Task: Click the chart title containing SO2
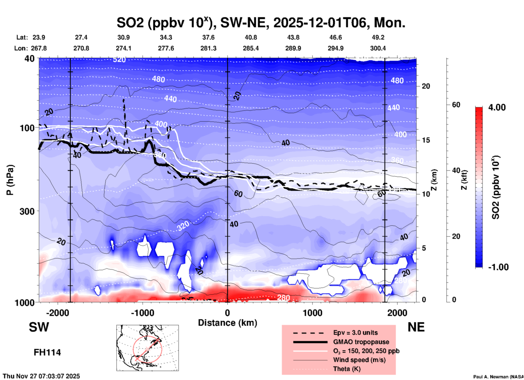click(261, 22)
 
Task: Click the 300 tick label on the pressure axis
click(27, 211)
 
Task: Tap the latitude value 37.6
click(208, 37)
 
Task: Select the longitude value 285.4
click(251, 48)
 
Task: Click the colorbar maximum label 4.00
click(497, 107)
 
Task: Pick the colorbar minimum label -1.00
click(498, 267)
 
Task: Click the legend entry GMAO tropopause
click(361, 342)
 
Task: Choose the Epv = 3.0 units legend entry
click(355, 333)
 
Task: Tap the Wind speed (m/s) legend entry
click(359, 360)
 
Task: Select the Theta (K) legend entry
click(347, 369)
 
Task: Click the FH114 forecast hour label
click(47, 352)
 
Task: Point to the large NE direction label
click(416, 327)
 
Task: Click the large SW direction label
click(39, 327)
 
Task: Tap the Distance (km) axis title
click(227, 323)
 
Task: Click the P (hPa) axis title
click(10, 180)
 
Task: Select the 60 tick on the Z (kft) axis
click(456, 105)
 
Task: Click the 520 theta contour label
click(119, 60)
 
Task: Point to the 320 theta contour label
click(183, 226)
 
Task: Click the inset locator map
click(147, 348)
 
